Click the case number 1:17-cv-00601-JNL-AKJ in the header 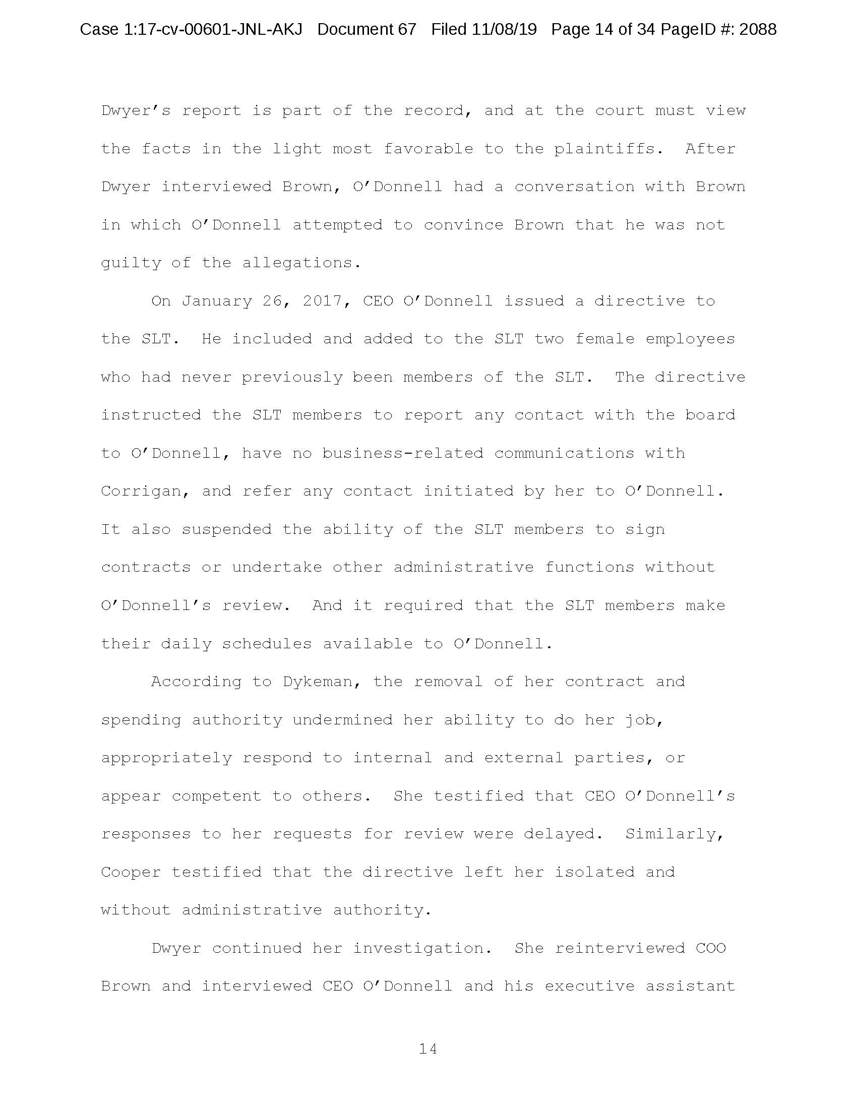(213, 29)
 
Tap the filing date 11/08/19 (504, 29)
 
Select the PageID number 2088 (758, 29)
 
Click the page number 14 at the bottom (427, 1049)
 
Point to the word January (217, 301)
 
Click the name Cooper (131, 872)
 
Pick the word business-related (403, 453)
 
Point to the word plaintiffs (608, 149)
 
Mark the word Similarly (674, 834)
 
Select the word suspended (226, 529)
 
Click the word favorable (427, 149)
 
